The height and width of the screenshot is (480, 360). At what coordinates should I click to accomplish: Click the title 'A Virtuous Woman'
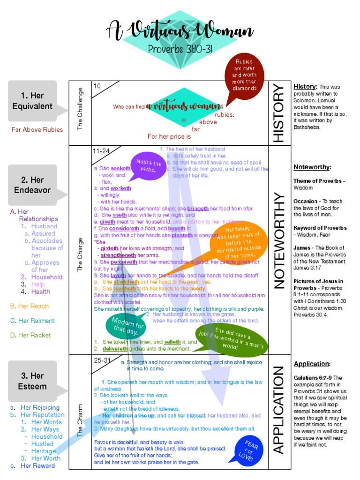pyautogui.click(x=180, y=30)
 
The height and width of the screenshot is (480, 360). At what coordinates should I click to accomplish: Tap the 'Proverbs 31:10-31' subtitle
pyautogui.click(x=180, y=49)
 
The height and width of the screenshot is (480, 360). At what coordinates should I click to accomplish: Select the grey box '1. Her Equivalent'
pyautogui.click(x=32, y=101)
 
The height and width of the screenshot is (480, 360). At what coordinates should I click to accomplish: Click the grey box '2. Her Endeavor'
pyautogui.click(x=32, y=185)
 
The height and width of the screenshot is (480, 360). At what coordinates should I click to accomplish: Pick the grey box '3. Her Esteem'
pyautogui.click(x=32, y=381)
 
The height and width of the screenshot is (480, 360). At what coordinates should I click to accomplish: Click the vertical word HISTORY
pyautogui.click(x=278, y=112)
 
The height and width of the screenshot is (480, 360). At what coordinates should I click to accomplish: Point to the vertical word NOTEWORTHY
pyautogui.click(x=278, y=240)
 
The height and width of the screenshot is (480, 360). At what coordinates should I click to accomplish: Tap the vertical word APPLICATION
pyautogui.click(x=278, y=410)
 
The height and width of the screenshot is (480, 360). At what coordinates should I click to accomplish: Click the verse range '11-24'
pyautogui.click(x=101, y=151)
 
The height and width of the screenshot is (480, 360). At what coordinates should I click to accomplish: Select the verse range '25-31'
pyautogui.click(x=101, y=360)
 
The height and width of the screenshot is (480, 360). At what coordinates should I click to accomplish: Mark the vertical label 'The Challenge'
pyautogui.click(x=80, y=109)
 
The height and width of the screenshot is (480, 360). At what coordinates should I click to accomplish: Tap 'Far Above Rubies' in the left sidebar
pyautogui.click(x=37, y=130)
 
